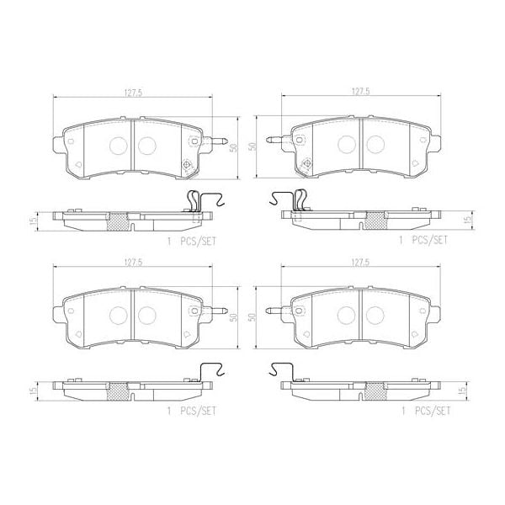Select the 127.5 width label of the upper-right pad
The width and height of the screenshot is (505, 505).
(x=360, y=94)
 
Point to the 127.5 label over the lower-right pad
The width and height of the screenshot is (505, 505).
(x=360, y=263)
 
